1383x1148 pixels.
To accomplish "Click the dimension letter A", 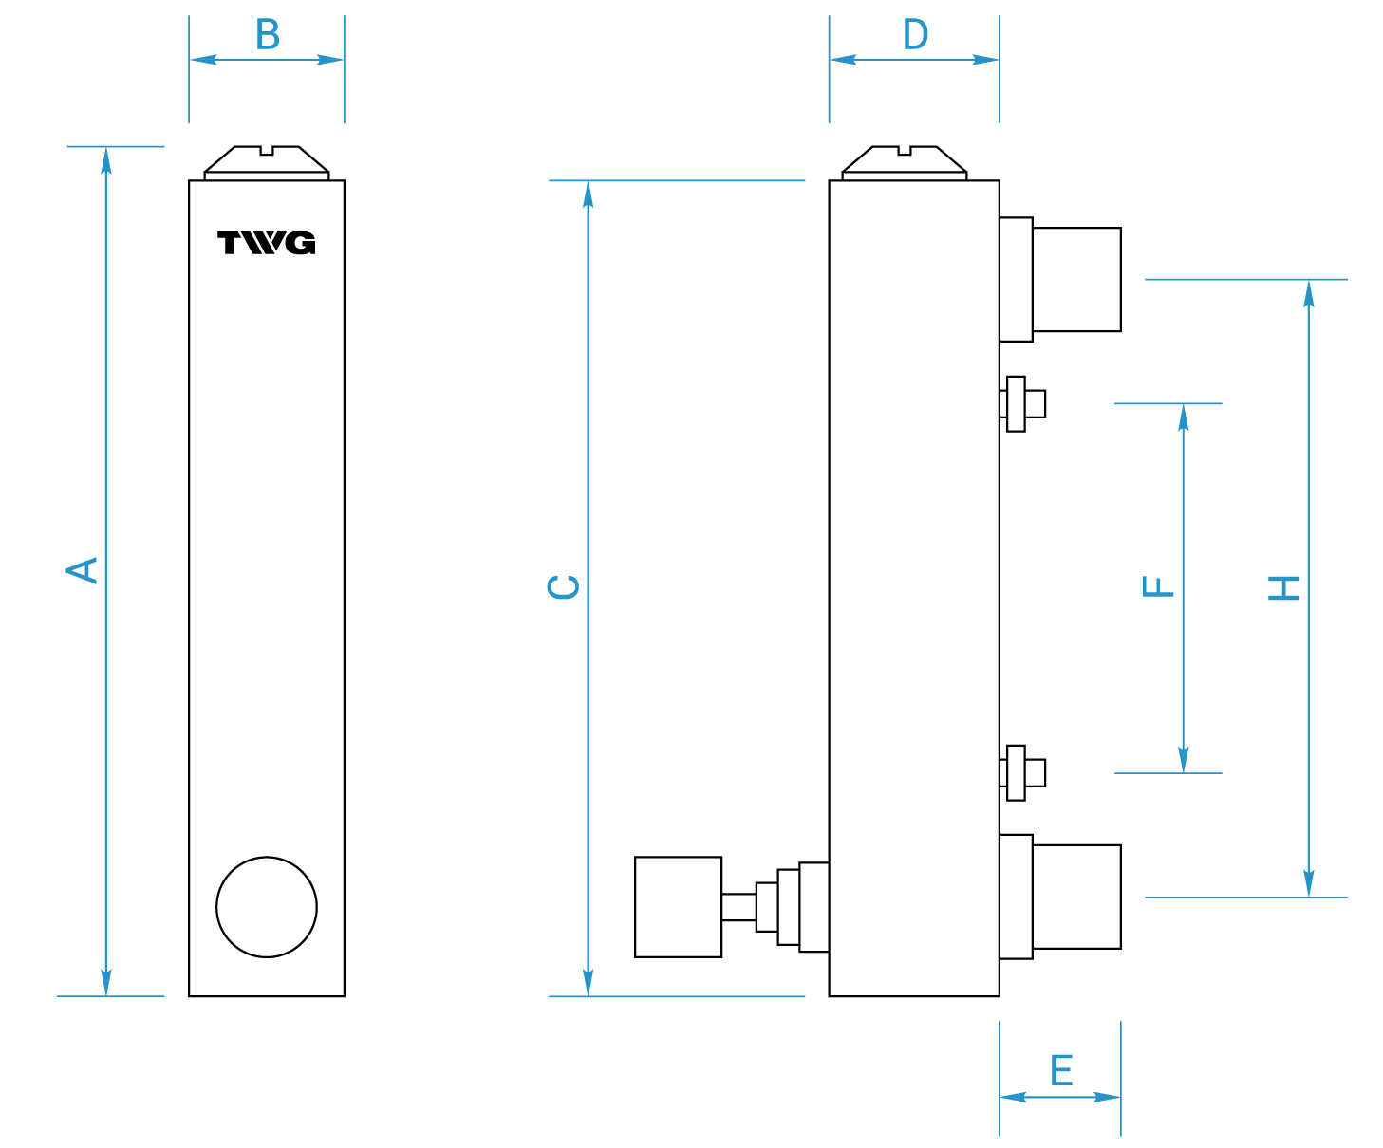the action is tap(82, 570).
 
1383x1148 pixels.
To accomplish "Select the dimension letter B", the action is tap(268, 34).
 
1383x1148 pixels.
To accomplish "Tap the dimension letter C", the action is tap(563, 586).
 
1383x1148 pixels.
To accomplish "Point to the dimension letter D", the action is tap(915, 34).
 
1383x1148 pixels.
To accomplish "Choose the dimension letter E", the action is tap(1062, 1070).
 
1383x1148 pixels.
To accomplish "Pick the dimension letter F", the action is tap(1158, 586).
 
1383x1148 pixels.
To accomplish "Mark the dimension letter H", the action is tap(1283, 588).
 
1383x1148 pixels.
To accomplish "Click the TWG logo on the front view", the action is tap(267, 242).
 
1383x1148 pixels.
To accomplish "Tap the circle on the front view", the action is tap(267, 907).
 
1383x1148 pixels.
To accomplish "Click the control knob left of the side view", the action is tap(679, 907).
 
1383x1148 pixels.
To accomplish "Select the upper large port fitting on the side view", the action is tap(1059, 279).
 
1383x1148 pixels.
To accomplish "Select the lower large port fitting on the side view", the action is tap(1059, 897).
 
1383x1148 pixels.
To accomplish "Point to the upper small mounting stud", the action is tap(1022, 404).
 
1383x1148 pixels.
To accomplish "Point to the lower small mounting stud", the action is tap(1022, 773).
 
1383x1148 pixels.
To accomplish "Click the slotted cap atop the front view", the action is tap(267, 163).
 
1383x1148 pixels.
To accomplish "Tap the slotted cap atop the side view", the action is tap(905, 163).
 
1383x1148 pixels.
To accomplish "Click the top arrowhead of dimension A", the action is tap(106, 161).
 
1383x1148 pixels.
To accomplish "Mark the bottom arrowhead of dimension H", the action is tap(1309, 882).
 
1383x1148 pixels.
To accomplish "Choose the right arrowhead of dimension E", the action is tap(1107, 1097).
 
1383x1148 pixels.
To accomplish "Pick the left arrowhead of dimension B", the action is tap(204, 60).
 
